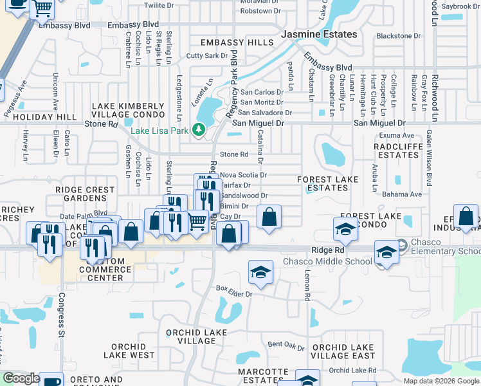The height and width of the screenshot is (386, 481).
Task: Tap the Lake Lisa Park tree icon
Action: (x=199, y=131)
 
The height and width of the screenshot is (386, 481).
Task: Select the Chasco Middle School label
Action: (x=327, y=261)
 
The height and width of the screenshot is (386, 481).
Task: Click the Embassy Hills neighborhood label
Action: (x=237, y=42)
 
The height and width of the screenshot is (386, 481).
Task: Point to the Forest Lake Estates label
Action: (x=323, y=183)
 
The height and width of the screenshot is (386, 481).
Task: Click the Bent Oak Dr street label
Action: (x=286, y=346)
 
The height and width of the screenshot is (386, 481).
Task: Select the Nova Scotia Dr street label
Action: (x=243, y=174)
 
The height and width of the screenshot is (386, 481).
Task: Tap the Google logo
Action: (x=21, y=379)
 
